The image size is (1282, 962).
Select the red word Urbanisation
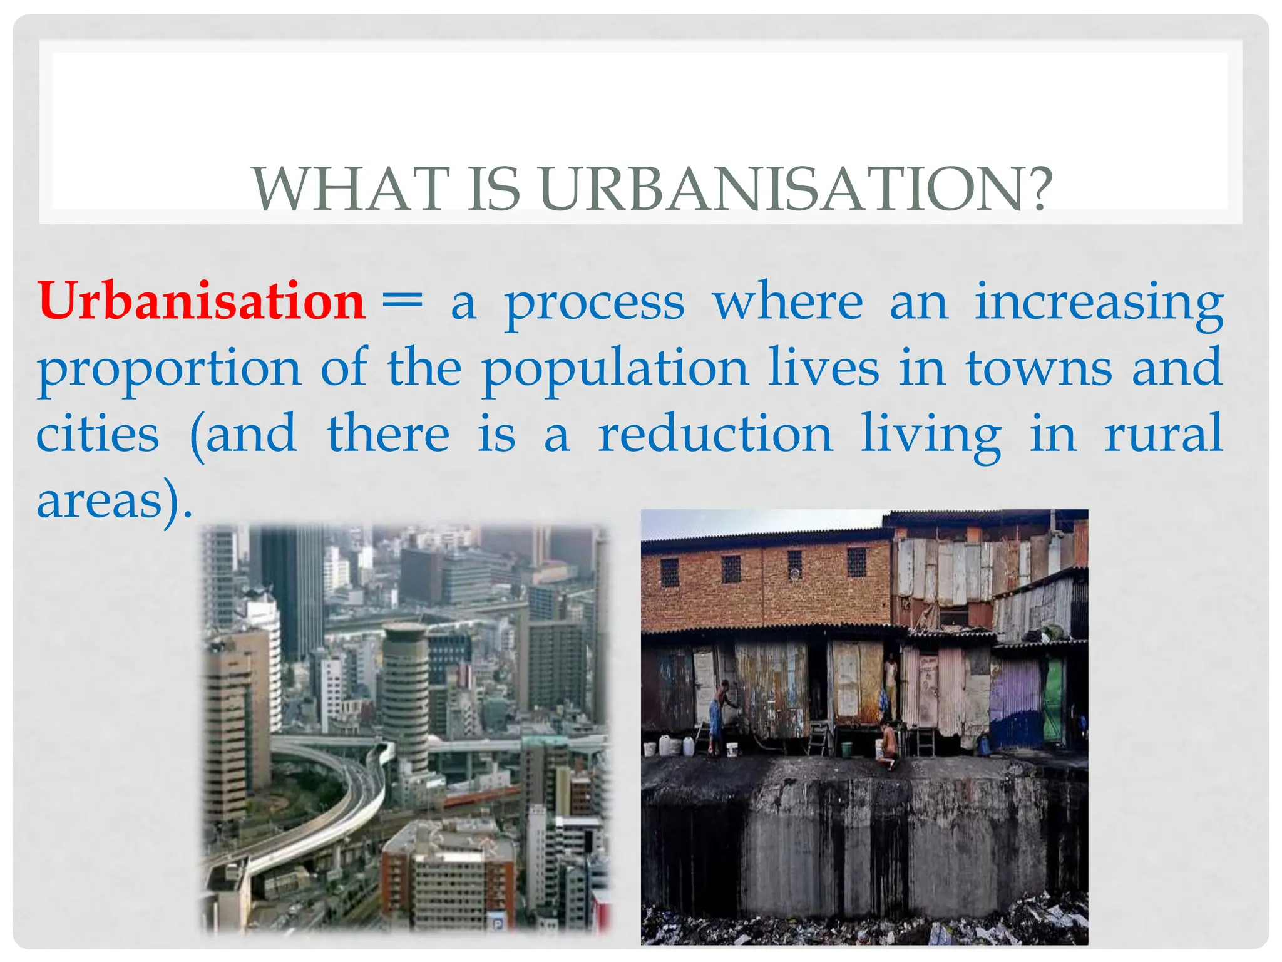201,302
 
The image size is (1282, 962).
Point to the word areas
100,501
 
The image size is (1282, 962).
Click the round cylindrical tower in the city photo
405,689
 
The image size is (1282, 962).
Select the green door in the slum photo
1054,701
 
